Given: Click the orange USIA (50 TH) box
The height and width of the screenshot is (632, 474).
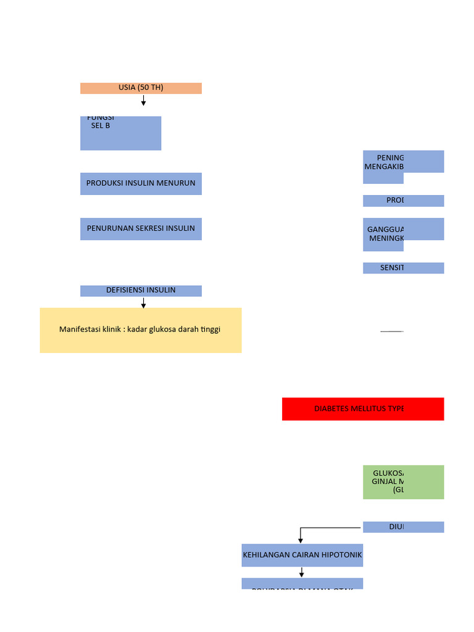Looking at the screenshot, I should pos(141,88).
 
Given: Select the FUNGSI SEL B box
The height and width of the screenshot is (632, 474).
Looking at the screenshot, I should pos(120,133).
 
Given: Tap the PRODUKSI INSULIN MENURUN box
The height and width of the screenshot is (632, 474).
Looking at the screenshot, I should pos(141,184).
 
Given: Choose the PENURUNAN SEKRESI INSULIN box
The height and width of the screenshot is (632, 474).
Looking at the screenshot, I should pos(141,228).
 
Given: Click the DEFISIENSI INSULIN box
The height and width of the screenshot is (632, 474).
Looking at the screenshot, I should pos(141,291).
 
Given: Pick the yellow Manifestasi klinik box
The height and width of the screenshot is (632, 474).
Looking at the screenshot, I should pos(141,330).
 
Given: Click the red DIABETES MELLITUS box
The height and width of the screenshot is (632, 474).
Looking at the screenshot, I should pos(363,409).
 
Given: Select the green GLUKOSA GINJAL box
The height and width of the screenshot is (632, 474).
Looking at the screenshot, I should pos(403,482).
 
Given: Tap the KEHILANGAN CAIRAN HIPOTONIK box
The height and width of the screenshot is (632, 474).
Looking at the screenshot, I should pos(302,555).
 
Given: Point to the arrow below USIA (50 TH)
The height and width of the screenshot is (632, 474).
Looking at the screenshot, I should pos(143,101).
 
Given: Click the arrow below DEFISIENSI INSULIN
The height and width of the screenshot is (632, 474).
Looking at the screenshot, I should pos(143,303).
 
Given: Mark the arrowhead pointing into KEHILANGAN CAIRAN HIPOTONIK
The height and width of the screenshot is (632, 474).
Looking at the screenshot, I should pos(301,540).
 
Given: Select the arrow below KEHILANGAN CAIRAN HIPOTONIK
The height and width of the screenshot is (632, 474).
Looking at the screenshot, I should pos(302,573).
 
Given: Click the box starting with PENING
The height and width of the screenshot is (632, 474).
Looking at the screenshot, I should pos(403,162).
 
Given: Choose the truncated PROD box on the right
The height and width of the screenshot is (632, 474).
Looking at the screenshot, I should pos(403,201).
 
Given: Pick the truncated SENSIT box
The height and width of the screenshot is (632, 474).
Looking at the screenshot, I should pos(403,268).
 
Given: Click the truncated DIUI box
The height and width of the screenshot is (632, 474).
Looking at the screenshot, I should pos(403,527).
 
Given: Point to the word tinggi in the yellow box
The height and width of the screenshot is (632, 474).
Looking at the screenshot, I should pos(207,330).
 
